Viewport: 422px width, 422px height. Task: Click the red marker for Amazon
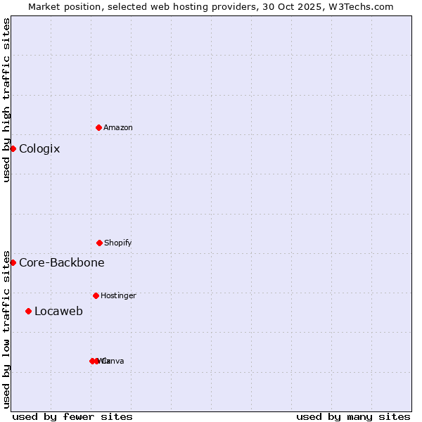[98, 127]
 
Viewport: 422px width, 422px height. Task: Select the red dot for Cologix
[13, 148]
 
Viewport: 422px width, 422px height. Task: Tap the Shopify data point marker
[99, 243]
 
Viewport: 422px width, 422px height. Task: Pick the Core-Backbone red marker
[13, 262]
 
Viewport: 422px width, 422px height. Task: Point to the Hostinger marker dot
[96, 295]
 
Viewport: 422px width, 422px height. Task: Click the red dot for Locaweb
[28, 311]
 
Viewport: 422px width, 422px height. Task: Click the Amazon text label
[118, 127]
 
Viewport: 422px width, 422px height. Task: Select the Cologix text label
[39, 148]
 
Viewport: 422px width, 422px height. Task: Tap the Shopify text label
[118, 243]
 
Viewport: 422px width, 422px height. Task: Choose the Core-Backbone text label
[62, 262]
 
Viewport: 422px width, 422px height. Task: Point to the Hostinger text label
[118, 295]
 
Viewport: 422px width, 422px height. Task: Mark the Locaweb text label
[58, 311]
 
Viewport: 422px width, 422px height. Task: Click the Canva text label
[114, 361]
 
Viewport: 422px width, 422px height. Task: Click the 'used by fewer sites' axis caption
[72, 416]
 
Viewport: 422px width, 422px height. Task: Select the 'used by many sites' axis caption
[353, 416]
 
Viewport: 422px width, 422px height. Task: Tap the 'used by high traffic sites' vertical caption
[6, 100]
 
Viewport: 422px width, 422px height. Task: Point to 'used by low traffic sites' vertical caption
[6, 328]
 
